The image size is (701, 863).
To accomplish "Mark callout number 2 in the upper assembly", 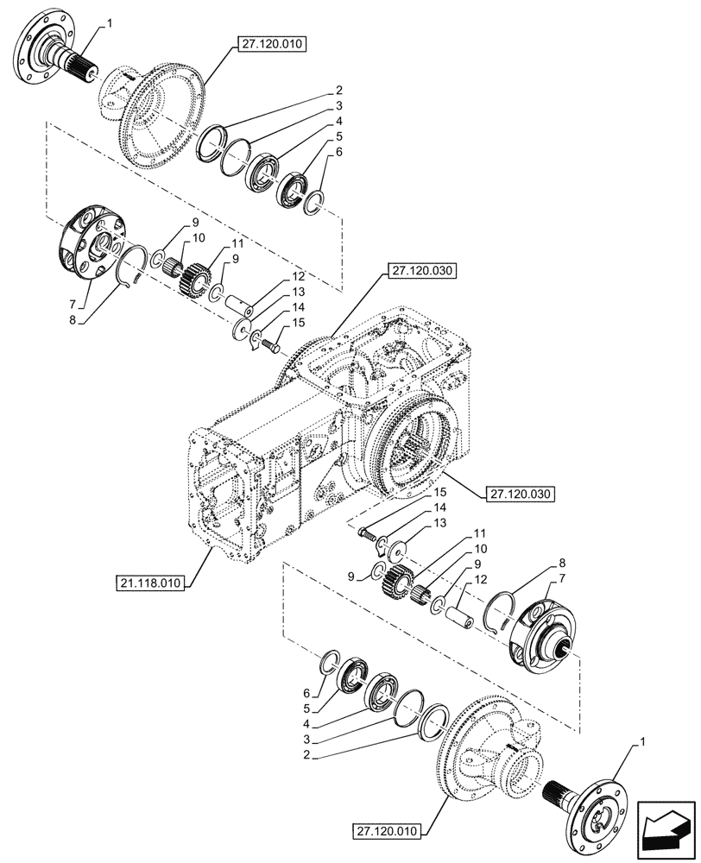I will tap(340, 90).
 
